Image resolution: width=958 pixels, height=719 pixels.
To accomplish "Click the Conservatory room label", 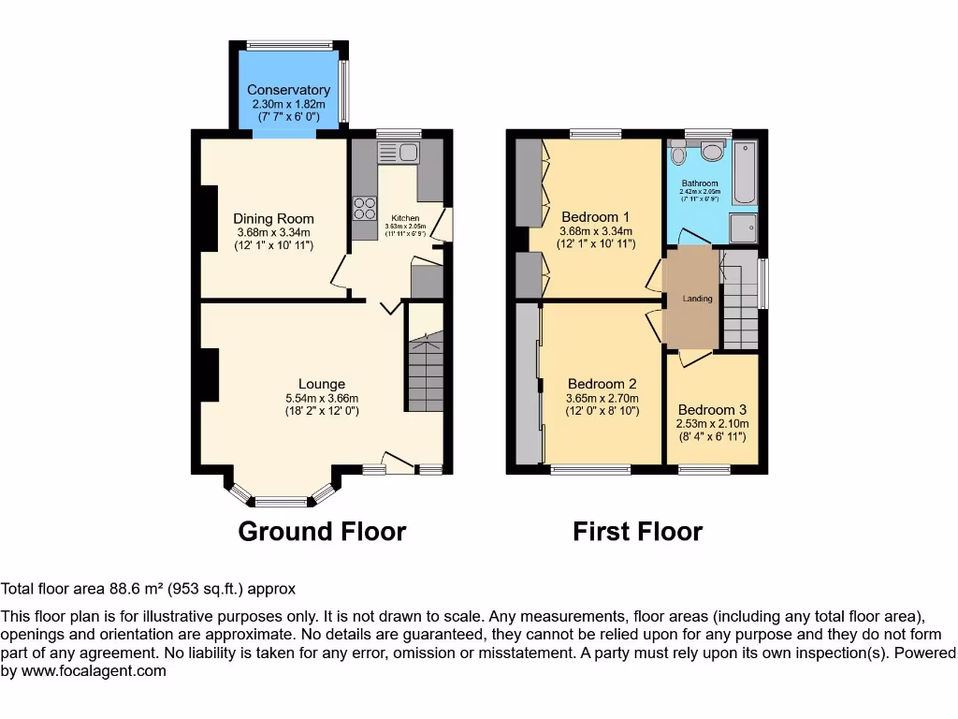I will point(288,90).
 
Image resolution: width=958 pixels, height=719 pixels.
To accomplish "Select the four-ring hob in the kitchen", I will point(363,209).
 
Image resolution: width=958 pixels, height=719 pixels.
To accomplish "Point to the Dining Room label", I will point(273,219).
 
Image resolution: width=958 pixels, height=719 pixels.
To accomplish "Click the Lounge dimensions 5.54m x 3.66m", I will point(322,398).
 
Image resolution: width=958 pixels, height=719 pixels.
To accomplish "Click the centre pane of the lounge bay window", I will point(282,501).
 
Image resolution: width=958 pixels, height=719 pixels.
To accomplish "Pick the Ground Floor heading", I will point(322,532).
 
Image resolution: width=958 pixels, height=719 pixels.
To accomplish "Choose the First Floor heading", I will point(637,532).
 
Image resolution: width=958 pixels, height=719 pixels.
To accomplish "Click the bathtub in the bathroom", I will point(745,172).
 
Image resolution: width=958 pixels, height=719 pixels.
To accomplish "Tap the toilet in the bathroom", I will point(712,152).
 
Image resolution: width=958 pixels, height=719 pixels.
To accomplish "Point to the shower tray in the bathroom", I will point(744,227).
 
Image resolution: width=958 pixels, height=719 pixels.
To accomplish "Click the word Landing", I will point(697,299).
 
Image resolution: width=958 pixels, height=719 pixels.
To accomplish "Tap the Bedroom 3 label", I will point(712,409).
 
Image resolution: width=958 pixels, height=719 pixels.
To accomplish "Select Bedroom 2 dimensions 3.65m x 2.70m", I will point(602,398).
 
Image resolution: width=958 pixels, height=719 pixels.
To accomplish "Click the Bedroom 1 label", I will point(595,215).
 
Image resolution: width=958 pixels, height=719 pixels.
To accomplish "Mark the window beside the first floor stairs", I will point(763,283).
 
